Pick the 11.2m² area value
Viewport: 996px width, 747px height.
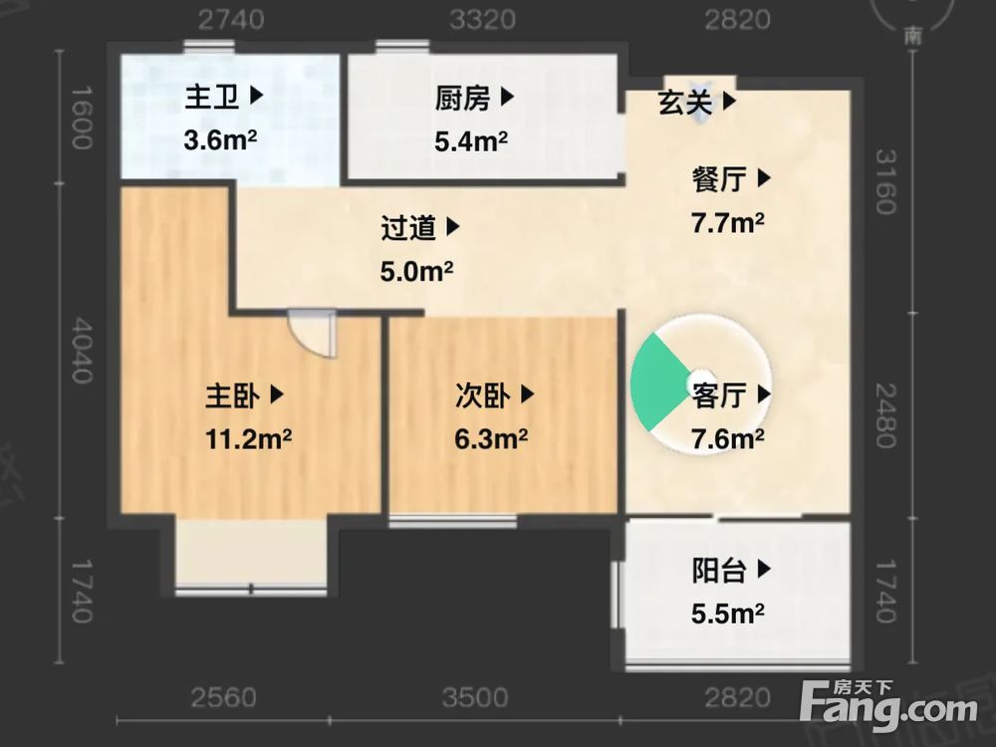click(x=250, y=438)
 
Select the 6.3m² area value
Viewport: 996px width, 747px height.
click(x=491, y=438)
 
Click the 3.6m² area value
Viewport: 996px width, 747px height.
click(x=220, y=140)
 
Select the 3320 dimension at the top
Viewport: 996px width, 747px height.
click(x=482, y=19)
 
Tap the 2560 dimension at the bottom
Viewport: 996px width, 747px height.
click(x=224, y=696)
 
